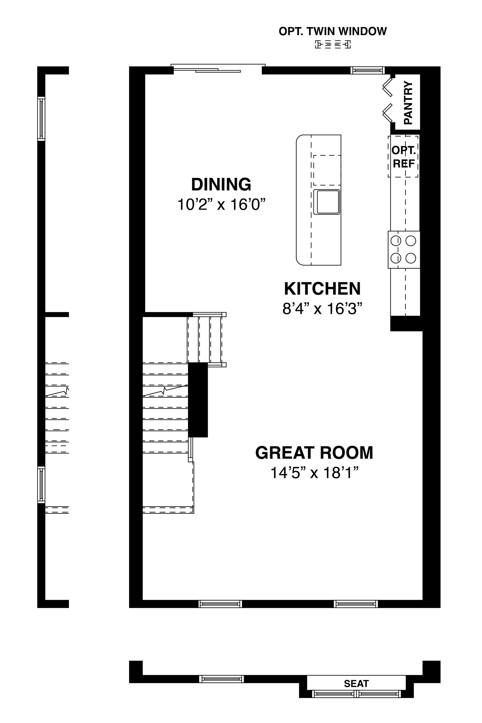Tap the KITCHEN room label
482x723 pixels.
(x=322, y=288)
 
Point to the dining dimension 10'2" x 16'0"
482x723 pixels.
(x=221, y=204)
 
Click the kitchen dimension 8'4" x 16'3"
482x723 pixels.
(x=321, y=308)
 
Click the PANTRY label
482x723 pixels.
(x=408, y=102)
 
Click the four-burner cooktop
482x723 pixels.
(x=404, y=249)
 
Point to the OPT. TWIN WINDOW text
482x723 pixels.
(x=333, y=31)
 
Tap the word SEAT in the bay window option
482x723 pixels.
(x=356, y=683)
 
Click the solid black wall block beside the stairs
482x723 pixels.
(x=198, y=400)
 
